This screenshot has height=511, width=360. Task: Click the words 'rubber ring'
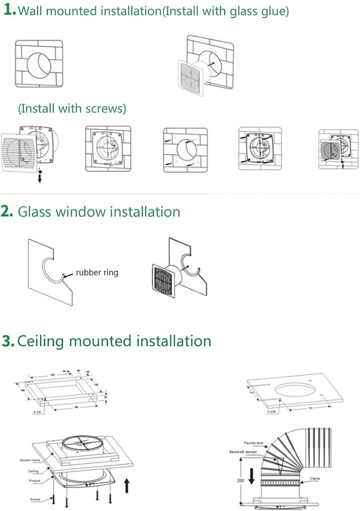[97, 273]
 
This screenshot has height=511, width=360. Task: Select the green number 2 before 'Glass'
[7, 211]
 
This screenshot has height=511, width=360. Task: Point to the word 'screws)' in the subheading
[108, 108]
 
